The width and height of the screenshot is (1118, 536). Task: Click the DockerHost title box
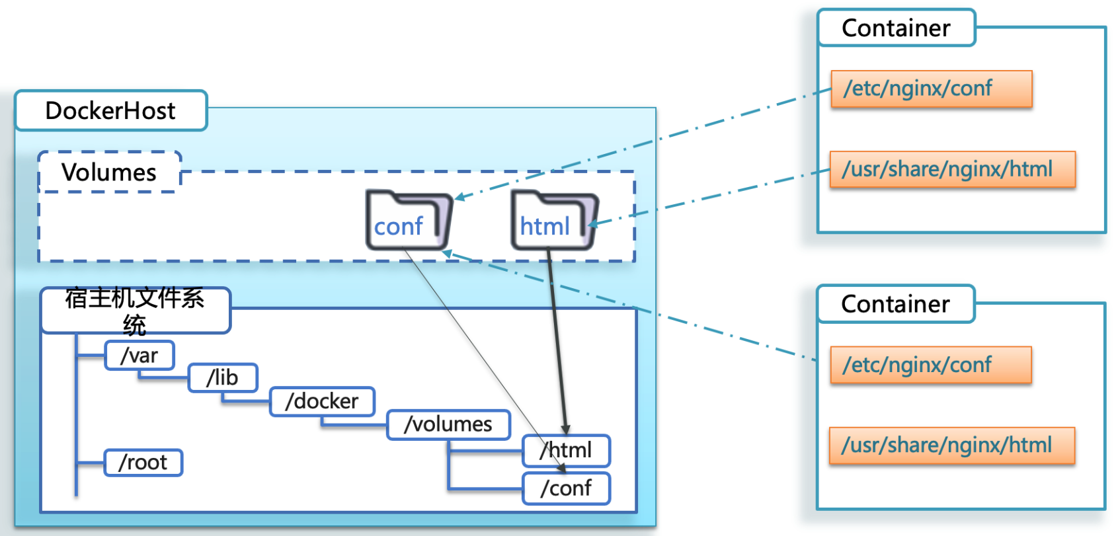pyautogui.click(x=111, y=111)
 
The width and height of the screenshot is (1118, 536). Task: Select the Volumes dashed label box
pyautogui.click(x=110, y=172)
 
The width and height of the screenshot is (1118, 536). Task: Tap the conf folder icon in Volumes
pyautogui.click(x=409, y=220)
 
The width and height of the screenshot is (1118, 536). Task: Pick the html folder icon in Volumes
pyautogui.click(x=554, y=220)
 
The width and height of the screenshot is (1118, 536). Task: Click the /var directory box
pyautogui.click(x=140, y=356)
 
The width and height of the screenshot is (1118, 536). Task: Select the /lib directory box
pyautogui.click(x=223, y=378)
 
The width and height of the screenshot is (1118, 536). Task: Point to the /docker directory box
pyautogui.click(x=322, y=401)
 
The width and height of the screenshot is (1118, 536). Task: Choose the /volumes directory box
pyautogui.click(x=448, y=424)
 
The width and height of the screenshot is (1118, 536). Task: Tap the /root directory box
pyautogui.click(x=143, y=463)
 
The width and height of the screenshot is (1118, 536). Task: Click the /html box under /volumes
pyautogui.click(x=566, y=451)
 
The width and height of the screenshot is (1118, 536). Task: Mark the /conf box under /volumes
pyautogui.click(x=566, y=488)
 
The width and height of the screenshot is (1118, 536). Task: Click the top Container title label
pyautogui.click(x=896, y=28)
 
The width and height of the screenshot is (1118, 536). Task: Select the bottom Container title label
pyautogui.click(x=895, y=304)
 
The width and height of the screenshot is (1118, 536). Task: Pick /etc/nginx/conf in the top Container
pyautogui.click(x=931, y=89)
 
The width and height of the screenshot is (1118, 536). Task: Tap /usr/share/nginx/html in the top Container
pyautogui.click(x=952, y=169)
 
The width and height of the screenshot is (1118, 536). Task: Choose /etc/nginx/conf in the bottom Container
pyautogui.click(x=930, y=365)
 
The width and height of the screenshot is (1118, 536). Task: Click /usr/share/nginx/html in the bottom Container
pyautogui.click(x=951, y=445)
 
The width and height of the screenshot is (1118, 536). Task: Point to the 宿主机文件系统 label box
pyautogui.click(x=135, y=310)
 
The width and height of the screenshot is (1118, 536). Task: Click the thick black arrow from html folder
pyautogui.click(x=556, y=337)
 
